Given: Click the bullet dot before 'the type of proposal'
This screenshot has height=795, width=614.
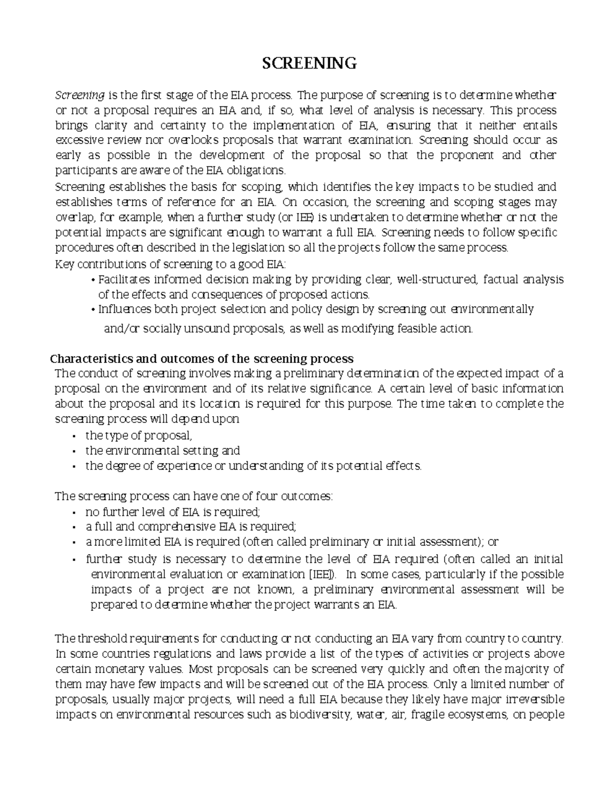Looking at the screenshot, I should (x=74, y=437).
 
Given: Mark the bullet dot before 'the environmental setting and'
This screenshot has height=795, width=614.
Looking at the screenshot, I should (x=74, y=452).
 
